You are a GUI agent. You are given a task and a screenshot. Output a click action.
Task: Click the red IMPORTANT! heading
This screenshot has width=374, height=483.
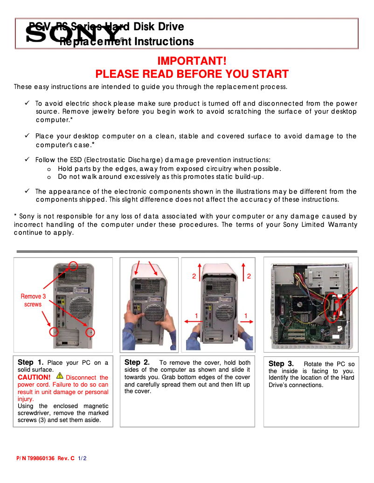point(192,61)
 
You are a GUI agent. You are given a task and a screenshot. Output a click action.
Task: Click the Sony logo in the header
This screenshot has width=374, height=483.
point(73,34)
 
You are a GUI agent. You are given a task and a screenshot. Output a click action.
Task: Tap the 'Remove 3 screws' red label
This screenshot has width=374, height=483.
point(33,300)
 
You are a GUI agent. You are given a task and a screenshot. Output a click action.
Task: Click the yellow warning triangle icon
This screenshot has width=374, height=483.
point(59,375)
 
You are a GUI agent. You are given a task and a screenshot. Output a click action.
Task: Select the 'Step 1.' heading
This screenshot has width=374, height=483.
point(31,362)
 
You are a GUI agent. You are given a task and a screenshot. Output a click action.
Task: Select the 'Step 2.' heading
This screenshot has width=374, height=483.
point(137,362)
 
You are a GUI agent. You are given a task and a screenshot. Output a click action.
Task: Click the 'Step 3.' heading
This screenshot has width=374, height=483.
point(281,364)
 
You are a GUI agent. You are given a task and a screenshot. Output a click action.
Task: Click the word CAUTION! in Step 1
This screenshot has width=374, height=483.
point(34,377)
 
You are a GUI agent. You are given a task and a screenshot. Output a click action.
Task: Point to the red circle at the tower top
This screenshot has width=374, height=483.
point(73,265)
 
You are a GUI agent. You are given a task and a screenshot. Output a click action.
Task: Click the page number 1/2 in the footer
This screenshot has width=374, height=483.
point(83,458)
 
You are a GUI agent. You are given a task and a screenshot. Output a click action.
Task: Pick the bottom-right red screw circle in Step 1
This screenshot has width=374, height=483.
point(90,332)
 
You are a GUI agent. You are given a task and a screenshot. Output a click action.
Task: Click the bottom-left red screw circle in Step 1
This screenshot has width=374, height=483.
point(55,332)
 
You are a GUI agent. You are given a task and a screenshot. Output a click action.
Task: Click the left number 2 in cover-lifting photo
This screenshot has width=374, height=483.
point(194,276)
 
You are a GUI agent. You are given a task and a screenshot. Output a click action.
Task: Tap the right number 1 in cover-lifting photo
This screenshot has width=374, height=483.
point(246,316)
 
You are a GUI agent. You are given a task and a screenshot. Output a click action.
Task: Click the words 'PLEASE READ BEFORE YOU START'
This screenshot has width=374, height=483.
point(192,74)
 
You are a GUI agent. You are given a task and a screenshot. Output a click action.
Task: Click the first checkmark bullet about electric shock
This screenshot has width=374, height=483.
point(28,103)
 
